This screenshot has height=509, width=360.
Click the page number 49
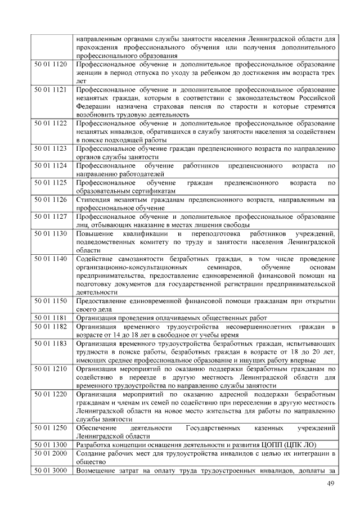point(331,484)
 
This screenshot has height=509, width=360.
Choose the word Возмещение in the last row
point(96,470)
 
